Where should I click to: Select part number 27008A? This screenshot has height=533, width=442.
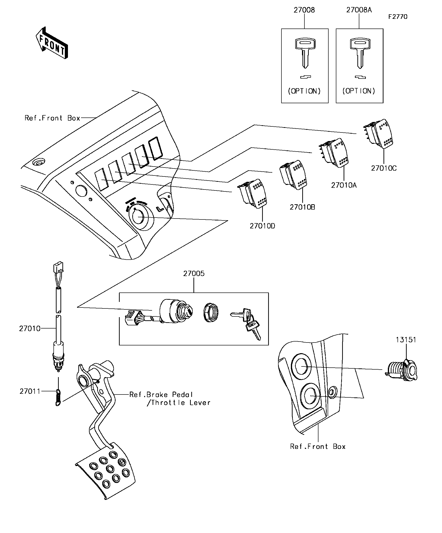[359, 10]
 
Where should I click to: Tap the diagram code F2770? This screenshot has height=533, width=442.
[398, 17]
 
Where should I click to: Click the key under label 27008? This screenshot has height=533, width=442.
[305, 52]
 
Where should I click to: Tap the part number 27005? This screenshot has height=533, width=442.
[194, 274]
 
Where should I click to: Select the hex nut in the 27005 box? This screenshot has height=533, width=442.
[211, 313]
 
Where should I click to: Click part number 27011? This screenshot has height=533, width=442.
[30, 391]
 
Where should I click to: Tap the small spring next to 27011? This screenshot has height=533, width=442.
[58, 397]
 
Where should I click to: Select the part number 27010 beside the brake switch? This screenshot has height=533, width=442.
[30, 329]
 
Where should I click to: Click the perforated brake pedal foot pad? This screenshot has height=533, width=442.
[107, 472]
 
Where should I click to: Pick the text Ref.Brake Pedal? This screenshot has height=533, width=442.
[161, 395]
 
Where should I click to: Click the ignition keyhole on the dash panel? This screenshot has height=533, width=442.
[138, 217]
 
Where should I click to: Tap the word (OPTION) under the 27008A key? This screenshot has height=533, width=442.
[359, 91]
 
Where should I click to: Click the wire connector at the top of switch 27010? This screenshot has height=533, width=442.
[58, 267]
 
